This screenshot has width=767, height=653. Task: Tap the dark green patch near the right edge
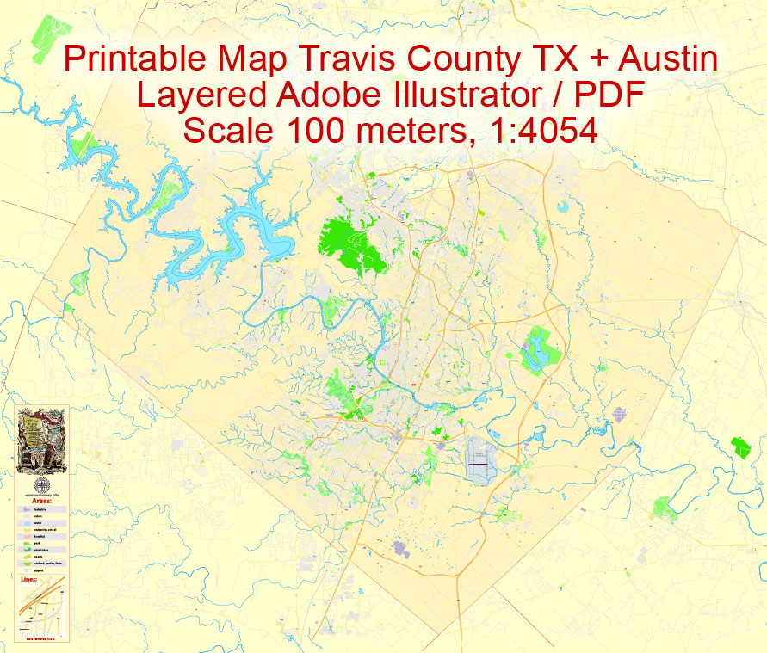click(x=740, y=447)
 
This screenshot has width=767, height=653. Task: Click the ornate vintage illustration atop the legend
click(x=42, y=441)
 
